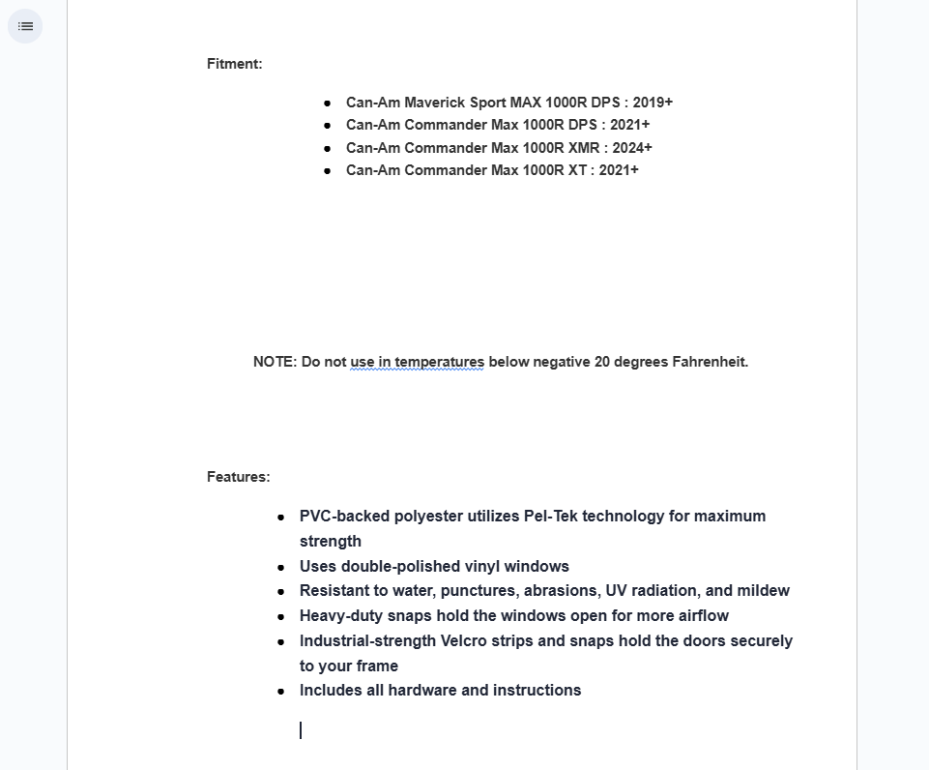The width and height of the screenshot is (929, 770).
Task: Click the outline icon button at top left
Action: pyautogui.click(x=25, y=26)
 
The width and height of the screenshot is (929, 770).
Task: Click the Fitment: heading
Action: pyautogui.click(x=234, y=64)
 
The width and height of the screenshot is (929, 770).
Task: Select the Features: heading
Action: pyautogui.click(x=238, y=477)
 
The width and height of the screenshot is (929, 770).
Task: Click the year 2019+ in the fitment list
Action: pyautogui.click(x=653, y=103)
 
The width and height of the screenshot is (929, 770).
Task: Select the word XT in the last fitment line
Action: pyautogui.click(x=578, y=170)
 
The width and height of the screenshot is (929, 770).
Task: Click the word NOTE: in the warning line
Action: pyautogui.click(x=275, y=362)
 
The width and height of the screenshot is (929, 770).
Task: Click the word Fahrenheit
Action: pyautogui.click(x=711, y=362)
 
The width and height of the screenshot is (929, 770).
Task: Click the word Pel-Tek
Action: pyautogui.click(x=551, y=517)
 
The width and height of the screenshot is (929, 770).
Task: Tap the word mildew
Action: pyautogui.click(x=763, y=591)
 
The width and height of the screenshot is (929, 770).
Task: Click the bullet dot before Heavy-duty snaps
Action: pyautogui.click(x=281, y=616)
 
